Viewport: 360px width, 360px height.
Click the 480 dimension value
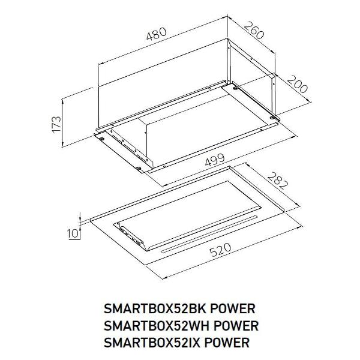(157, 34)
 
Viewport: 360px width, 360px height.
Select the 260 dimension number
(254, 30)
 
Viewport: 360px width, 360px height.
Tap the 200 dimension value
(298, 84)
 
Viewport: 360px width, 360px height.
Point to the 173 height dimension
(56, 124)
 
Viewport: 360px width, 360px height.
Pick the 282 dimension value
(278, 181)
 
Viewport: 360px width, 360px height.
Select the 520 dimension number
(220, 250)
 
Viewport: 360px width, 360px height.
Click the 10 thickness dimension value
(73, 233)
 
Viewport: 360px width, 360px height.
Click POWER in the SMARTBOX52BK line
(233, 308)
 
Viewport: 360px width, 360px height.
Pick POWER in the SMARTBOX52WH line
(236, 326)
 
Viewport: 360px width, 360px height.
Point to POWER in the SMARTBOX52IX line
(227, 343)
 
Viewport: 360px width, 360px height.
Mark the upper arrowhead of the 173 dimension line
(62, 100)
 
